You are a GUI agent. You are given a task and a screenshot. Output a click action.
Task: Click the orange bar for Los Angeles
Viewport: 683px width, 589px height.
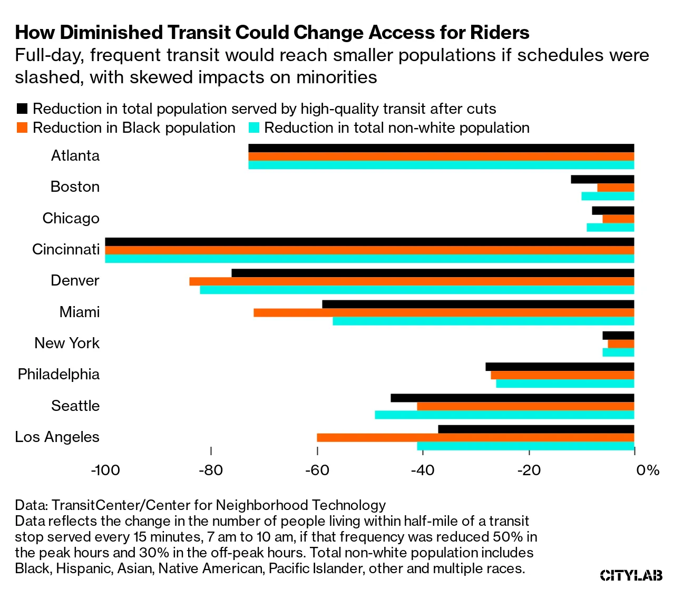pyautogui.click(x=475, y=437)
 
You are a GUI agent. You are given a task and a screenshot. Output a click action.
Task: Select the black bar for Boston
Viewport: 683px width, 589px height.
pyautogui.click(x=602, y=179)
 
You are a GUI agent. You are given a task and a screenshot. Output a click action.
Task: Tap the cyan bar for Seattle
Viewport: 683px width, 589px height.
pyautogui.click(x=504, y=415)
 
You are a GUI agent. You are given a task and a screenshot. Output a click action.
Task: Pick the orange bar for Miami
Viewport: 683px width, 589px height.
pyautogui.click(x=444, y=312)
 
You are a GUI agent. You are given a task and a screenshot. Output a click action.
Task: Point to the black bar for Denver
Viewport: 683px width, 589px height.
pyautogui.click(x=433, y=273)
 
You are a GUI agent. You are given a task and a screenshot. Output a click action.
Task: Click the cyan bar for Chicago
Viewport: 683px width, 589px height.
pyautogui.click(x=610, y=227)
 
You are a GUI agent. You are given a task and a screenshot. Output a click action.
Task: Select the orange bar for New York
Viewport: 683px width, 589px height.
pyautogui.click(x=621, y=344)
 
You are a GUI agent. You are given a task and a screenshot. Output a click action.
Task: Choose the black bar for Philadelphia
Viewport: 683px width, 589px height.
pyautogui.click(x=560, y=367)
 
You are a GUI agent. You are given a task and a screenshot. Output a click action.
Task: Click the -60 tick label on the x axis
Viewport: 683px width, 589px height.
pyautogui.click(x=317, y=470)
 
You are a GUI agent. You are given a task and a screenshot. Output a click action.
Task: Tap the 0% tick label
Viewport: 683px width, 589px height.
pyautogui.click(x=648, y=470)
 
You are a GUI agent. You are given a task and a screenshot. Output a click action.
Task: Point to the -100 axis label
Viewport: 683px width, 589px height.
pyautogui.click(x=105, y=470)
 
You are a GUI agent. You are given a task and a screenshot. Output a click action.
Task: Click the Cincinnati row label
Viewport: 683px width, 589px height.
pyautogui.click(x=66, y=249)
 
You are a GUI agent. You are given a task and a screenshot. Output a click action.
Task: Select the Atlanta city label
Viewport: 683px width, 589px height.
pyautogui.click(x=75, y=155)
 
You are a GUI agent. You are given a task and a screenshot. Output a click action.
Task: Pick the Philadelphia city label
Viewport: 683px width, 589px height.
pyautogui.click(x=58, y=374)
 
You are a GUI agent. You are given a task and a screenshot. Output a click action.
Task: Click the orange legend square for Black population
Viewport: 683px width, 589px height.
pyautogui.click(x=22, y=128)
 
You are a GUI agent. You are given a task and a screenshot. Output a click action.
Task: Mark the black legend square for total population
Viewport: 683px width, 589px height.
pyautogui.click(x=22, y=109)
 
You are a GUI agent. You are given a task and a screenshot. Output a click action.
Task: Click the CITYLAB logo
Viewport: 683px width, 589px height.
pyautogui.click(x=631, y=575)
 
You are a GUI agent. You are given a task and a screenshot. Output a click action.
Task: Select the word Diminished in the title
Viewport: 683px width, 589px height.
pyautogui.click(x=113, y=33)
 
